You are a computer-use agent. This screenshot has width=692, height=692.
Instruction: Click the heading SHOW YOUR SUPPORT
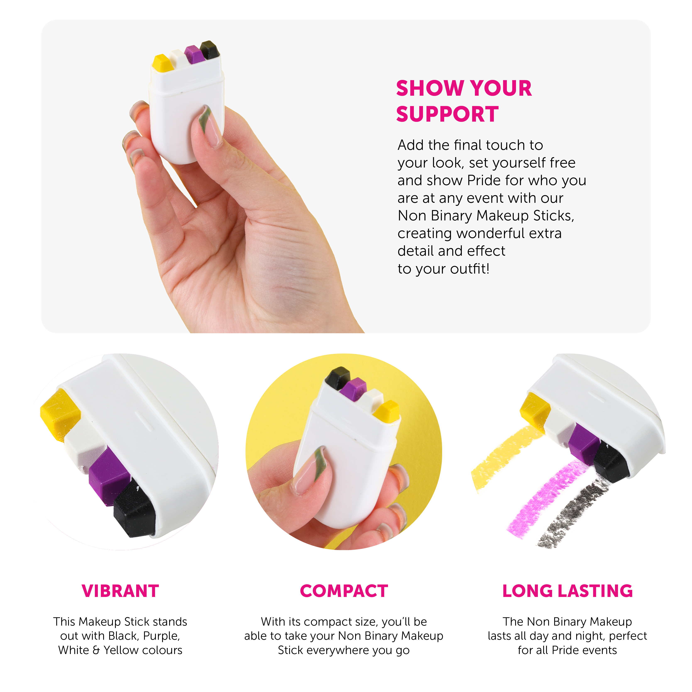tap(464, 101)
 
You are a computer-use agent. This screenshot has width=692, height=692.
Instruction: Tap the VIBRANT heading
tap(120, 591)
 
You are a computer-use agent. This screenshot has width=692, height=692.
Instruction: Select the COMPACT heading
tap(344, 591)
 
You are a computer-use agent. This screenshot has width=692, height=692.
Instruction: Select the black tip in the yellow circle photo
tap(337, 378)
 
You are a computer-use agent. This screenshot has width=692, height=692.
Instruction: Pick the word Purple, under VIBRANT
tap(161, 636)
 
